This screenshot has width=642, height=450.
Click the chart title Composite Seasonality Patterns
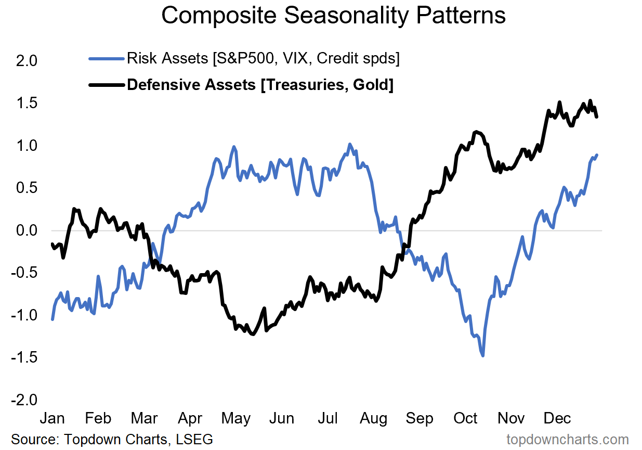point(333,16)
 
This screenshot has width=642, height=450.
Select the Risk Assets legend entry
point(263,58)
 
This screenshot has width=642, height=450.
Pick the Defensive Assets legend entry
point(260,84)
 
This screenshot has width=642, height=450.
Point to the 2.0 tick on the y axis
point(27,61)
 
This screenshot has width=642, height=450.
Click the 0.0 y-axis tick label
point(27,230)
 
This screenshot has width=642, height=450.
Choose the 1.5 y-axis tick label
point(27,103)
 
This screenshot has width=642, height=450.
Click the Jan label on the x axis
point(53,418)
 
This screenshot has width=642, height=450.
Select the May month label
point(237,418)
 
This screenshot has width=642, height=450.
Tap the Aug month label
point(374,418)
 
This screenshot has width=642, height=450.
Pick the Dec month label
point(557,418)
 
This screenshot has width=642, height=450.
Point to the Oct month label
point(466,418)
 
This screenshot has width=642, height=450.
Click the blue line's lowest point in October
point(483,355)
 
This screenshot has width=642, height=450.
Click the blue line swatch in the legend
point(107,58)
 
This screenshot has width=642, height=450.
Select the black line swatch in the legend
point(107,84)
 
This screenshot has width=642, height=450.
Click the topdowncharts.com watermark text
point(568,439)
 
